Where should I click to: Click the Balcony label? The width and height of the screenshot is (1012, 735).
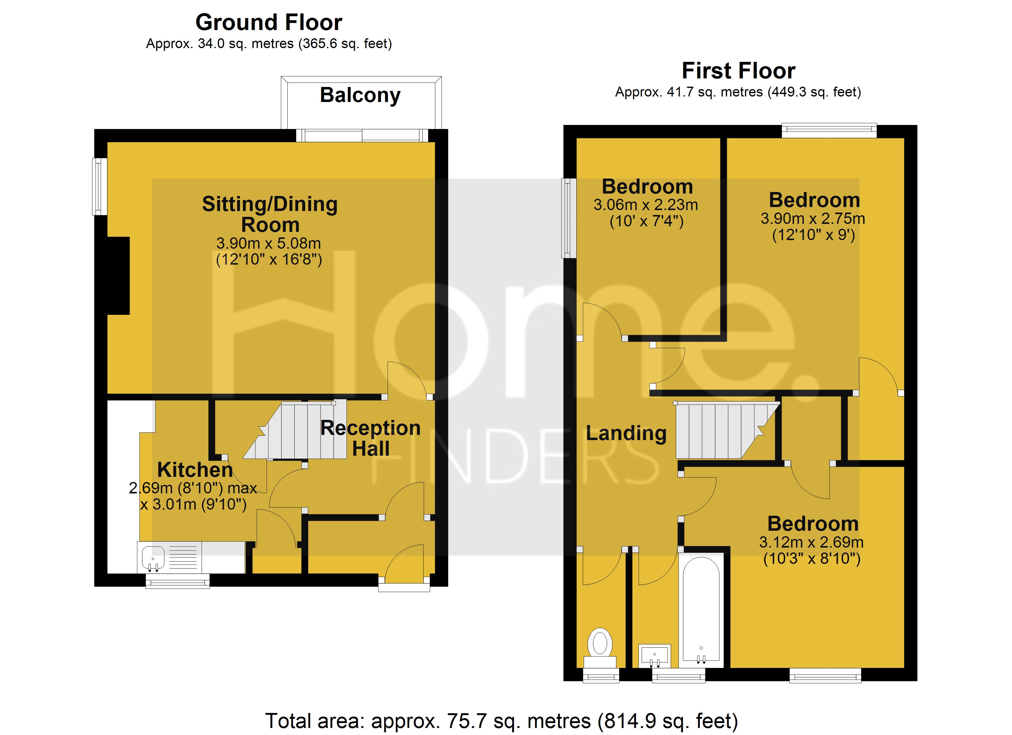pos(360,95)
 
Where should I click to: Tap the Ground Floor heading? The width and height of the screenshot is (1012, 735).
pos(269,22)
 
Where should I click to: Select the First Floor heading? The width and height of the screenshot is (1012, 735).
pos(738,71)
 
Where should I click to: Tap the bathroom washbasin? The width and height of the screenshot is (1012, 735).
pos(655,655)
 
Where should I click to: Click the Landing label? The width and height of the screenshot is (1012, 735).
pos(626,433)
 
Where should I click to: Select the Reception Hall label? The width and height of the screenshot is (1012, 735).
pos(370,438)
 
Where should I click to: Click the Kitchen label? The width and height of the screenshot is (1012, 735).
pos(195,470)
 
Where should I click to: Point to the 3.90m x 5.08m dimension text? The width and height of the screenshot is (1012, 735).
pos(269,243)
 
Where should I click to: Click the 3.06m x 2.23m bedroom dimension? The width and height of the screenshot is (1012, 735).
pos(646,205)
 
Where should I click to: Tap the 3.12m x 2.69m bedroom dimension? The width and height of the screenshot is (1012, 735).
pos(811,542)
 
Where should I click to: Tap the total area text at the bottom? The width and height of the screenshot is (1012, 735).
pos(501,721)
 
